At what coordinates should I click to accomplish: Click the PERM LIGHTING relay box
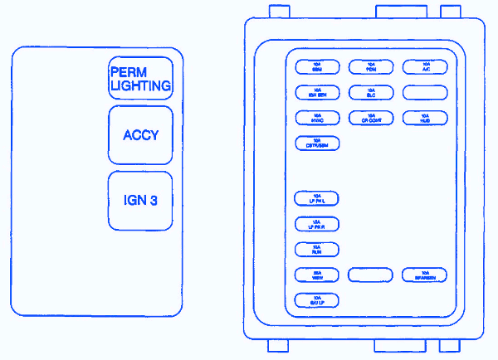pyautogui.click(x=140, y=78)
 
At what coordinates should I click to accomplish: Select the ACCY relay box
pyautogui.click(x=140, y=135)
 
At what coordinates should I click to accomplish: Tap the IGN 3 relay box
pyautogui.click(x=140, y=201)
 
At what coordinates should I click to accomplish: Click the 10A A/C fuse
pyautogui.click(x=425, y=66)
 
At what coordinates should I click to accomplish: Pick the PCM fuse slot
pyautogui.click(x=372, y=66)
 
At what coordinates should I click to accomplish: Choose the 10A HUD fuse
pyautogui.click(x=425, y=118)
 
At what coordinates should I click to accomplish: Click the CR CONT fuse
pyautogui.click(x=372, y=118)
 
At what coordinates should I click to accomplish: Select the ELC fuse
pyautogui.click(x=372, y=92)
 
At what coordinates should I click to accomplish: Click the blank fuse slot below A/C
pyautogui.click(x=425, y=92)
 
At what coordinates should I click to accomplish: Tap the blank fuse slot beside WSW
pyautogui.click(x=372, y=275)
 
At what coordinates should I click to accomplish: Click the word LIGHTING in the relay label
pyautogui.click(x=140, y=85)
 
